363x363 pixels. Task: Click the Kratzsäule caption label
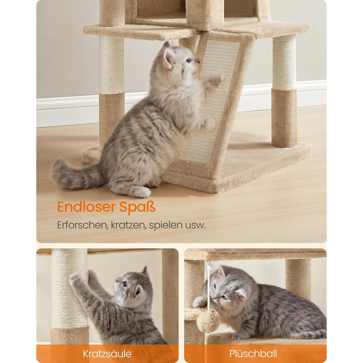(107, 354)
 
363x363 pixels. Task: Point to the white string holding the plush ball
(208, 285)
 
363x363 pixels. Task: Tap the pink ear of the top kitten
(169, 57)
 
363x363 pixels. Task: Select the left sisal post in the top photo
(111, 65)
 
